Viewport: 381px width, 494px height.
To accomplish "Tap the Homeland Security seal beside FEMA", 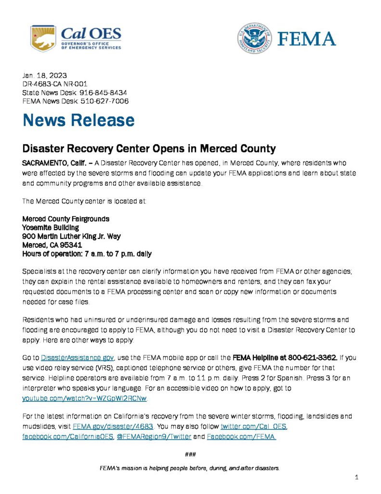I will (x=254, y=38).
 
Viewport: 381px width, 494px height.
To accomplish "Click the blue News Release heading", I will (x=79, y=120).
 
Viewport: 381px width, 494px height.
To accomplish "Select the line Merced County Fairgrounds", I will (x=66, y=219).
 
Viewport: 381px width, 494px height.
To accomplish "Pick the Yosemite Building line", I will (x=51, y=227).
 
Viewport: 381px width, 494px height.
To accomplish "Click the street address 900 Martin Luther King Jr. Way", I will (x=71, y=236).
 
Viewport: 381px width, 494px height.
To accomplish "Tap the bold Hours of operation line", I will (x=87, y=253).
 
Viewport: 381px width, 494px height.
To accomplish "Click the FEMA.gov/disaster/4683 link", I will (x=113, y=427).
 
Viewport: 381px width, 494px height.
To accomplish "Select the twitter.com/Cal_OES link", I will (x=254, y=427).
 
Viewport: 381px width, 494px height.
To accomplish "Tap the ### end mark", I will (x=190, y=454).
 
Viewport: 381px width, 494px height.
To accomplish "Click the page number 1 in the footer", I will (x=356, y=477).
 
